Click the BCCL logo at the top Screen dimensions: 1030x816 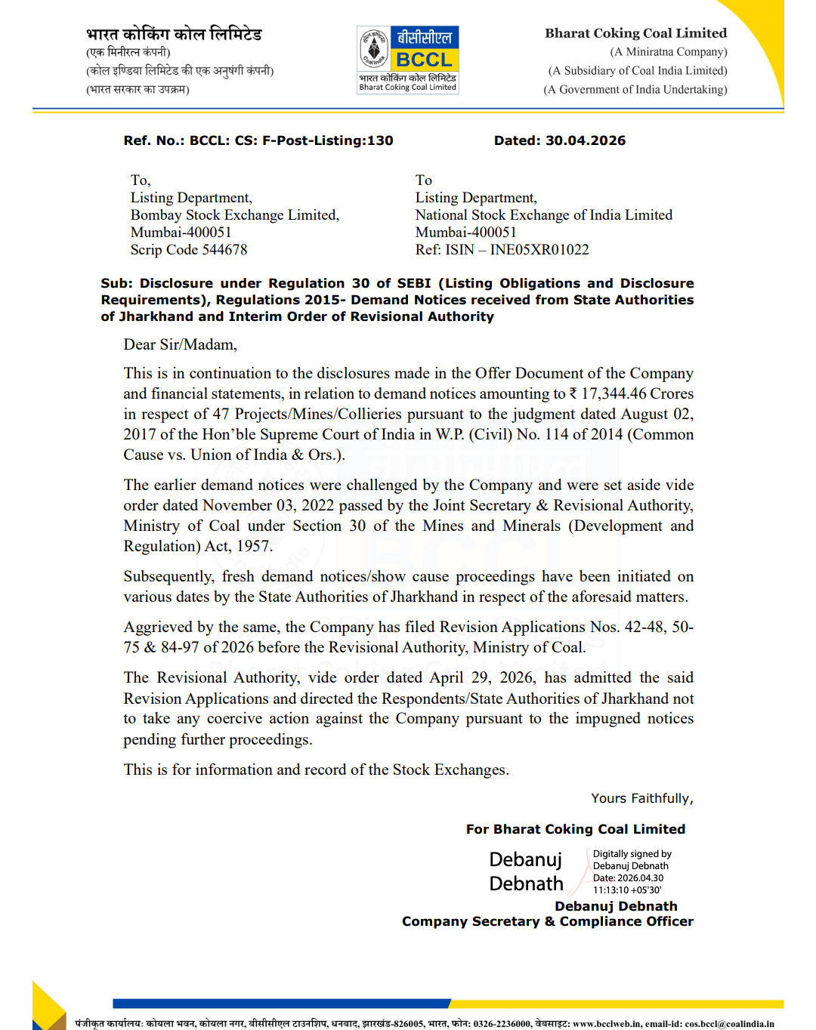[x=408, y=60]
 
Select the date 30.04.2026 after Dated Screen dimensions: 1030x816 [x=586, y=140]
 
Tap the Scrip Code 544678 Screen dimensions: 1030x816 [x=189, y=250]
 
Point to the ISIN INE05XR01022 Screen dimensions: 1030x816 [x=539, y=250]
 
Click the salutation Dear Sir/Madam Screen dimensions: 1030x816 [x=181, y=345]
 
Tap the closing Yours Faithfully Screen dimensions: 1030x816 [x=641, y=798]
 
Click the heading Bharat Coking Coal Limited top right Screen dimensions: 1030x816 [x=635, y=33]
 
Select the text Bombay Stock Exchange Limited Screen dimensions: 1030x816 [x=235, y=215]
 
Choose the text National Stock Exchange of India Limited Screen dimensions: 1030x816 [x=543, y=215]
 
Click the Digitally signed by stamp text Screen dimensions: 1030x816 [x=632, y=854]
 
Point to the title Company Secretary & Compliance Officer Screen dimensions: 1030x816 [x=547, y=921]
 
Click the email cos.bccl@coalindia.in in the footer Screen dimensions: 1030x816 [x=729, y=1024]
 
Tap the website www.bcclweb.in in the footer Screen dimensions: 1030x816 [x=607, y=1024]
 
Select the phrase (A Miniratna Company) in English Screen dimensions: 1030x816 [x=668, y=52]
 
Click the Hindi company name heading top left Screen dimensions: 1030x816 [x=174, y=35]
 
